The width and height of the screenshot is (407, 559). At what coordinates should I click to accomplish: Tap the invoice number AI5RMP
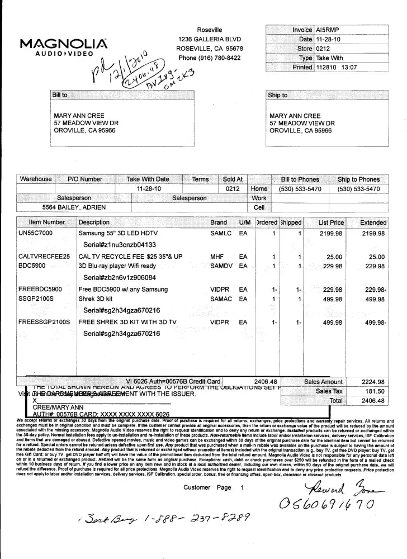click(327, 30)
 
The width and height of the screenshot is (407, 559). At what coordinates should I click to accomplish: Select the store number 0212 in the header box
click(323, 49)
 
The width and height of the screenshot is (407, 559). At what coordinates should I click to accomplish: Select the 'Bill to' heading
click(60, 95)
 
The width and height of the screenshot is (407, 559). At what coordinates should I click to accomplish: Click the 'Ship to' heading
click(277, 95)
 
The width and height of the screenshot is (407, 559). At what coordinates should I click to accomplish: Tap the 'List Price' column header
click(331, 222)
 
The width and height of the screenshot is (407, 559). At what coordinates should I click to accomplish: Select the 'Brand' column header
click(219, 222)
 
